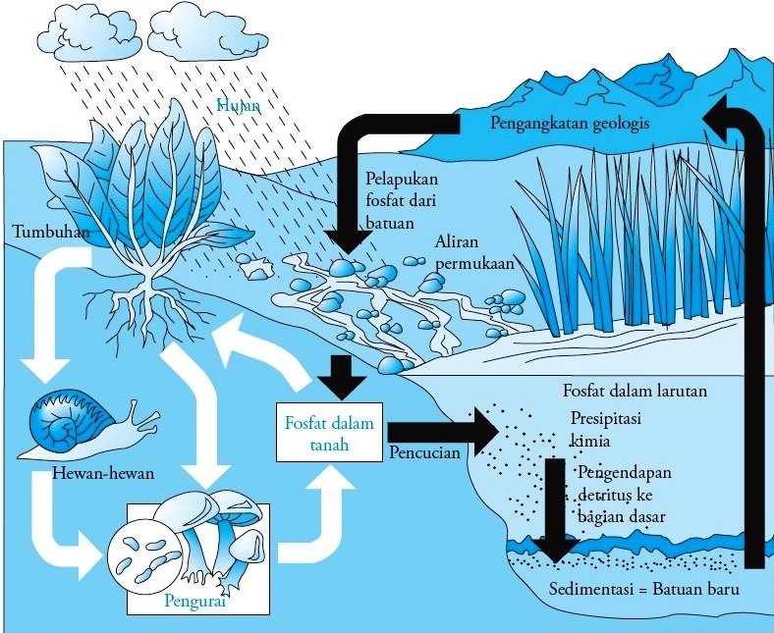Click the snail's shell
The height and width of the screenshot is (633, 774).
click(61, 425)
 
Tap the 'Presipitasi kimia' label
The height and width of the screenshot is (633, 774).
click(606, 429)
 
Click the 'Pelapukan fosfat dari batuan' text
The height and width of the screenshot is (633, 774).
click(402, 201)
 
